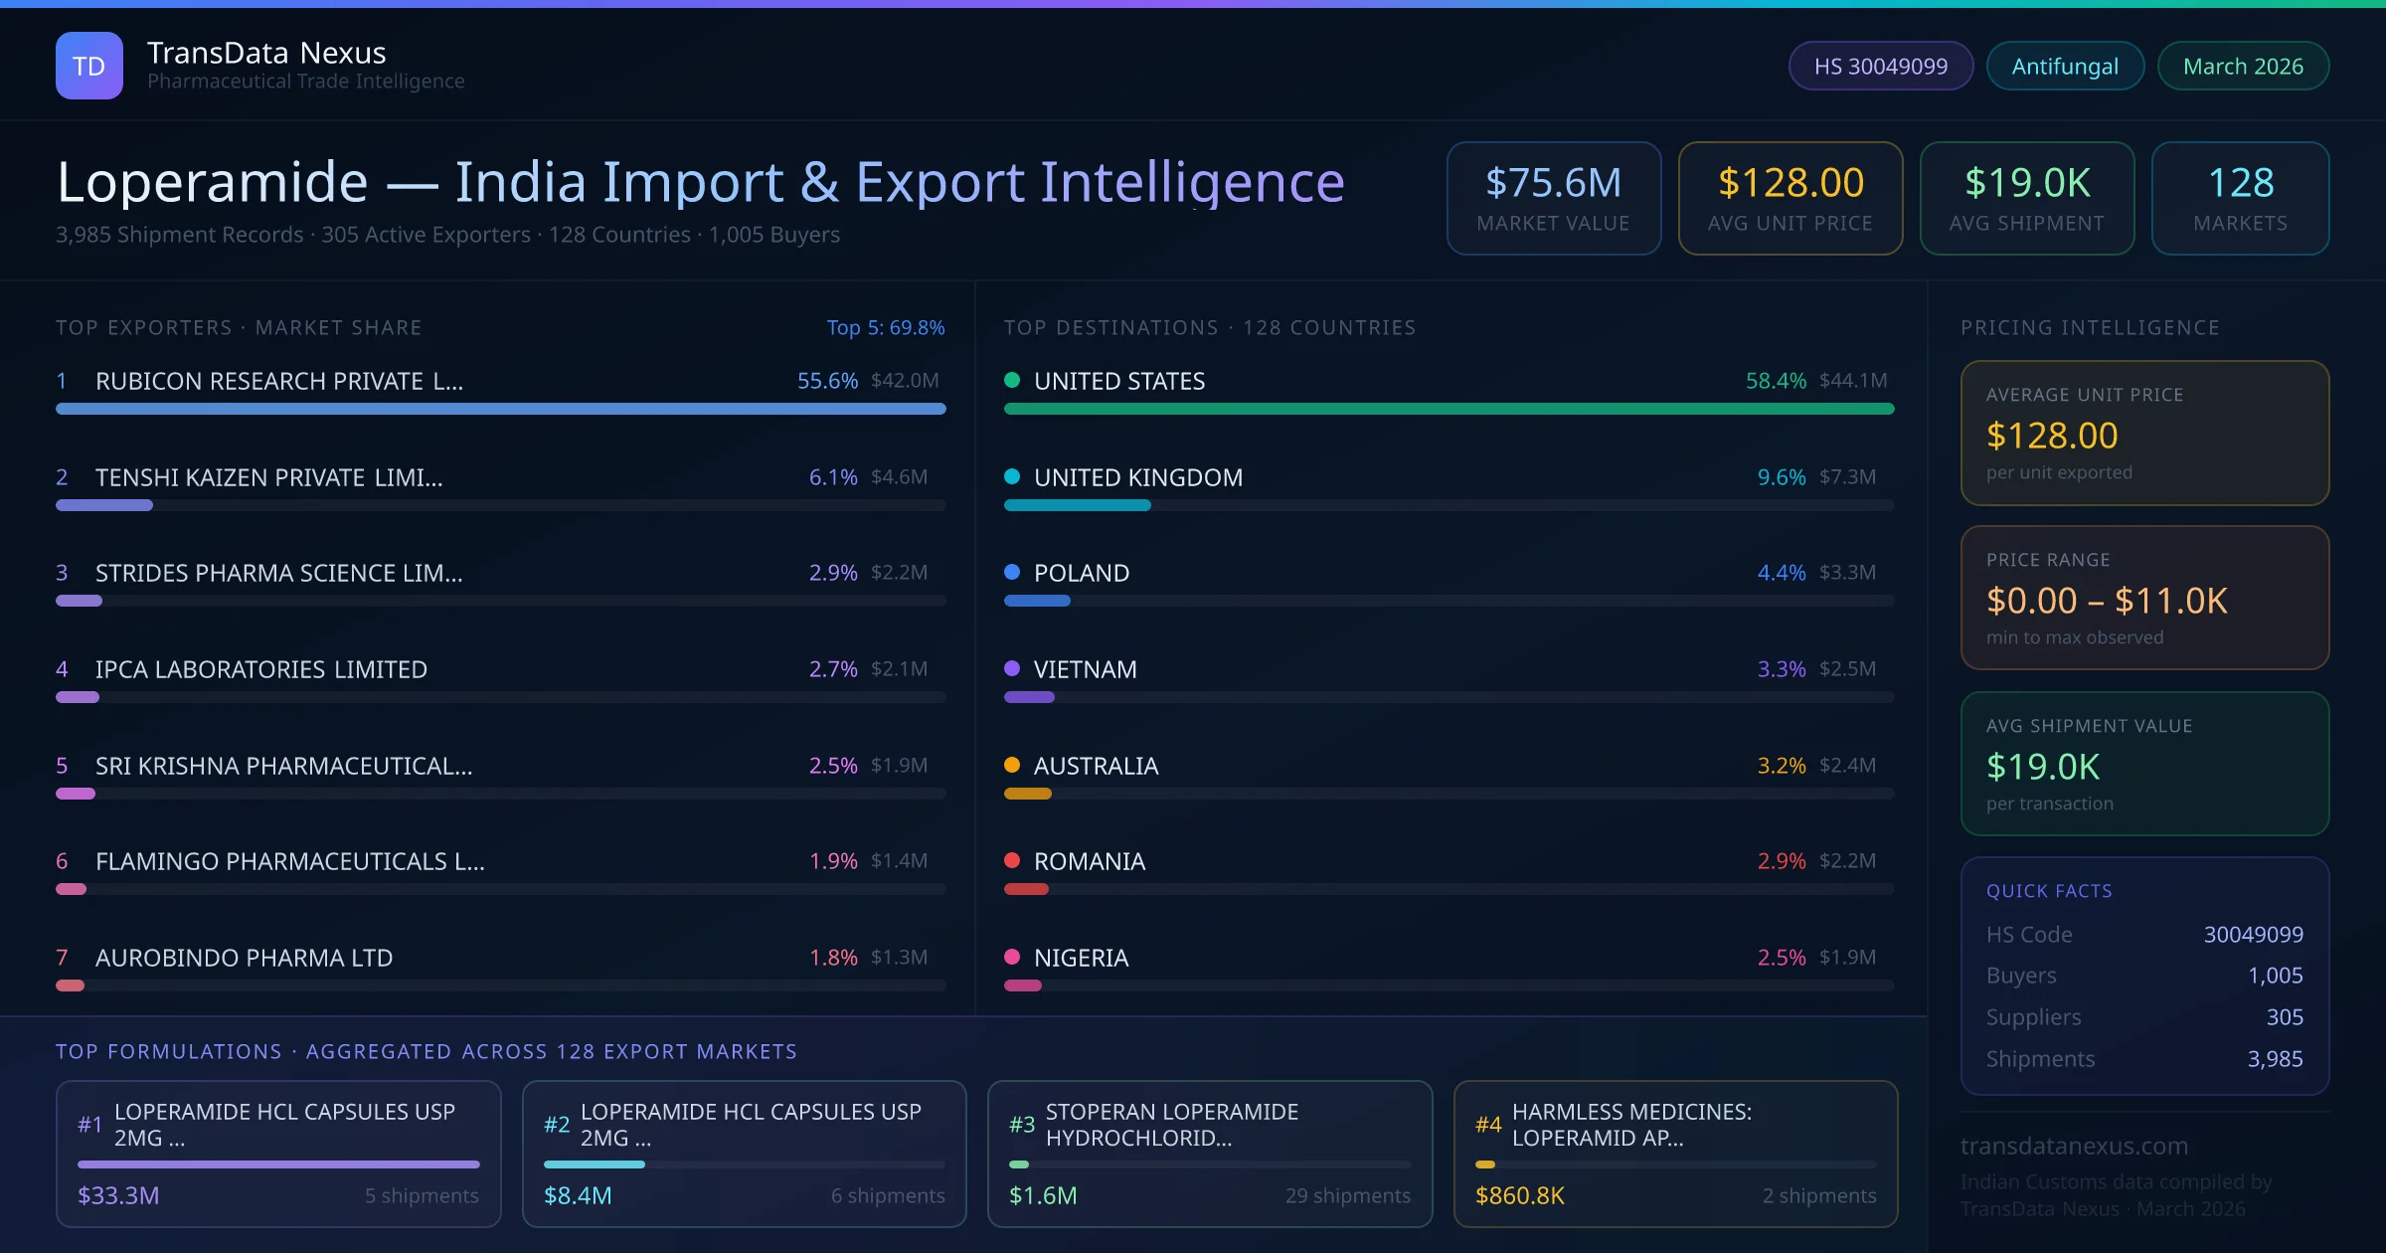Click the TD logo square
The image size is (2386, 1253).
pyautogui.click(x=89, y=66)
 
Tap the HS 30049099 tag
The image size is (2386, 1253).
pyautogui.click(x=1880, y=67)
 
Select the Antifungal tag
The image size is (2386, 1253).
pyautogui.click(x=2065, y=67)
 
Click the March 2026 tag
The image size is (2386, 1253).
pyautogui.click(x=2243, y=67)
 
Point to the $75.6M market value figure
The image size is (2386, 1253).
pyautogui.click(x=1553, y=183)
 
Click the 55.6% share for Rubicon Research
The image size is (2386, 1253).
pyautogui.click(x=827, y=381)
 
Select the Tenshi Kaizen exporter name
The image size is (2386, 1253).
pyautogui.click(x=268, y=477)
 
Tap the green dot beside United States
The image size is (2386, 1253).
pyautogui.click(x=1012, y=380)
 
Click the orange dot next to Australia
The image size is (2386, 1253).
pyautogui.click(x=1012, y=765)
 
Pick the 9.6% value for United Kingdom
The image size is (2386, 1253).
pyautogui.click(x=1781, y=477)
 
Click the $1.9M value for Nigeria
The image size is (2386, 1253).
pyautogui.click(x=1847, y=958)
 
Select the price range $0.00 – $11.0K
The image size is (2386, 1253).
pyautogui.click(x=2106, y=601)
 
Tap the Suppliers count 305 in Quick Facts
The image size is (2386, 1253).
pyautogui.click(x=2284, y=1017)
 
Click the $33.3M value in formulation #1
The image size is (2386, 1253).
pyautogui.click(x=118, y=1195)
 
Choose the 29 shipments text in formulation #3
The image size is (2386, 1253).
pyautogui.click(x=1347, y=1195)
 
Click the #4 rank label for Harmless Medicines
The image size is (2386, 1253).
pyautogui.click(x=1488, y=1125)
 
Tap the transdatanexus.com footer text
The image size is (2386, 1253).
pyautogui.click(x=2074, y=1146)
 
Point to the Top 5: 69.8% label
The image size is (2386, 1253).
pyautogui.click(x=885, y=328)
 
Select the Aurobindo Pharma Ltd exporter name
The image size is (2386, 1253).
pyautogui.click(x=244, y=958)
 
